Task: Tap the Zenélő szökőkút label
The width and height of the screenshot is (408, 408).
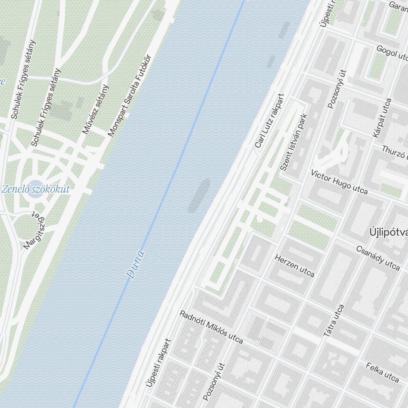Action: click(35, 189)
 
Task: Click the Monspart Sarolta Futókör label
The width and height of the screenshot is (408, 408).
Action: click(129, 95)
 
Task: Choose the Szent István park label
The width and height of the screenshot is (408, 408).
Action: click(293, 142)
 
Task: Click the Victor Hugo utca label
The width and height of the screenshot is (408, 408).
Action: click(339, 182)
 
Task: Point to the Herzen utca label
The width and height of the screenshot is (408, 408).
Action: click(295, 266)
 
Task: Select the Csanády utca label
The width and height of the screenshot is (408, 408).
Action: click(378, 258)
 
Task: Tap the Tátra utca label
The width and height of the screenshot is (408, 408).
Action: click(334, 321)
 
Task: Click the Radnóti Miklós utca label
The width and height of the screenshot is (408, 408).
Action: click(211, 327)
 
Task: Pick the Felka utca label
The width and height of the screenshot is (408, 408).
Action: click(382, 372)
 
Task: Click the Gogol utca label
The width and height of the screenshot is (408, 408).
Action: click(392, 52)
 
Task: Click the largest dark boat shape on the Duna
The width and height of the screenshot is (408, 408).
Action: click(199, 195)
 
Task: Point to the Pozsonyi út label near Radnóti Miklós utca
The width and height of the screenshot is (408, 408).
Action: click(214, 381)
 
